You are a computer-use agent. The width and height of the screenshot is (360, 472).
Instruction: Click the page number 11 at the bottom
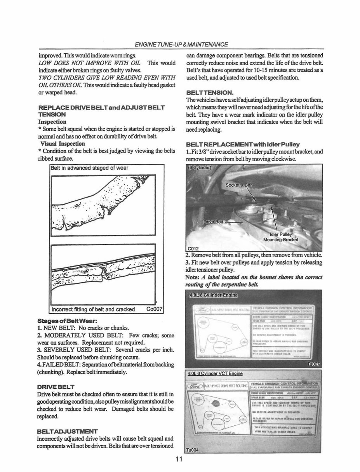[178, 460]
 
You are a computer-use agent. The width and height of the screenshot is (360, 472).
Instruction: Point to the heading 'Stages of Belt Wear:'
[64, 321]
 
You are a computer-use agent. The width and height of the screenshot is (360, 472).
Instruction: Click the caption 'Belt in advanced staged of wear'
[90, 168]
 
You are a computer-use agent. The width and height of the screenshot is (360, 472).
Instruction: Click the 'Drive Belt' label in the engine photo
[214, 222]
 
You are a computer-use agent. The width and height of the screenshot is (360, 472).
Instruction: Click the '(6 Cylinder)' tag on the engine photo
[200, 168]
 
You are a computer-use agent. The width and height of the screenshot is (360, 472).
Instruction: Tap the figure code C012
[193, 248]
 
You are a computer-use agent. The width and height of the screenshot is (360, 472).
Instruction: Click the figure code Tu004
[193, 450]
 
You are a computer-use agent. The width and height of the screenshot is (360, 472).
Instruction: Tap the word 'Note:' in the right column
[193, 277]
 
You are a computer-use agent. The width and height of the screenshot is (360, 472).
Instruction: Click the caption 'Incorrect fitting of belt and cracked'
[93, 309]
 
